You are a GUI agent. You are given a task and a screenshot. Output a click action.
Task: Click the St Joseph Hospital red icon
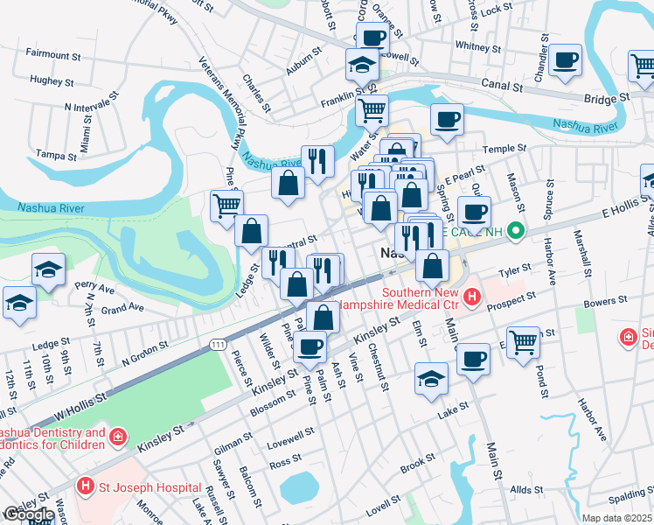[85, 485]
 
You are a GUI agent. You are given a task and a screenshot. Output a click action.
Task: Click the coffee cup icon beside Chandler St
[567, 59]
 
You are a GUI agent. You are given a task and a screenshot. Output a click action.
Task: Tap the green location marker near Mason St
[516, 232]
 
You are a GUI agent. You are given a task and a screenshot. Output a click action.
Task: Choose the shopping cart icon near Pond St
[523, 342]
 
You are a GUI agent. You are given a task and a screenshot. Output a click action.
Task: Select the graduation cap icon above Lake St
[430, 378]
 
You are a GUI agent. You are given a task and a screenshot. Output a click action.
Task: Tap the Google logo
[29, 514]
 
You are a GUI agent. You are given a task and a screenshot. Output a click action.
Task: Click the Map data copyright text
[618, 518]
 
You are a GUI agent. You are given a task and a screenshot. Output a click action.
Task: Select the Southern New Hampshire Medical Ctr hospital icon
[471, 297]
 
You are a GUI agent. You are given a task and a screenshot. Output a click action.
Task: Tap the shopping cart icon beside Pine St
[226, 206]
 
